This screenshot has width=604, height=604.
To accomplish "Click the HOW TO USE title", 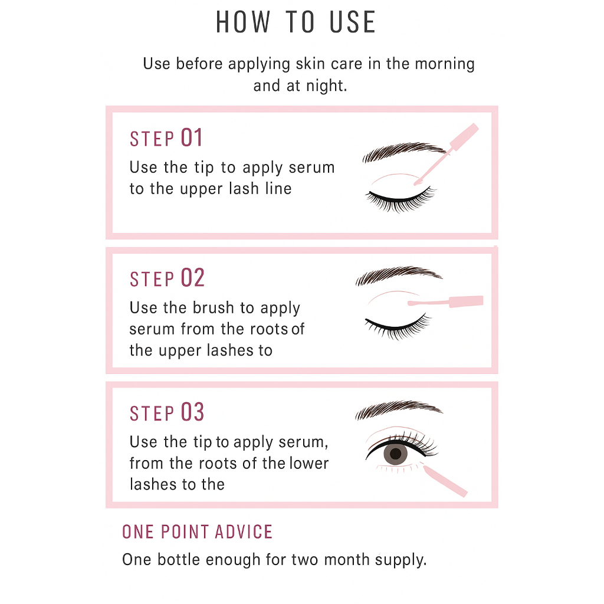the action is click(x=296, y=22).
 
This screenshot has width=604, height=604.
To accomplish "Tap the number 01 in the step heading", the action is click(x=192, y=138).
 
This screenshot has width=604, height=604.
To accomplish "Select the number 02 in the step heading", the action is click(x=193, y=278).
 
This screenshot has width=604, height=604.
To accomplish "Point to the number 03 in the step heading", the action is click(x=192, y=412).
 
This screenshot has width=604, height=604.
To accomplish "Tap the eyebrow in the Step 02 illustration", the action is click(x=398, y=275).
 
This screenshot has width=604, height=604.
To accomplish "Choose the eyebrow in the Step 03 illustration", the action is click(x=398, y=409).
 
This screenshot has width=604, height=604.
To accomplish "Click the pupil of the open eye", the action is click(x=396, y=454).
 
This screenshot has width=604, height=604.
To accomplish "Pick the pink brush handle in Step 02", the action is click(x=466, y=301).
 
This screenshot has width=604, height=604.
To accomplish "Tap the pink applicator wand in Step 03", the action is click(x=445, y=481).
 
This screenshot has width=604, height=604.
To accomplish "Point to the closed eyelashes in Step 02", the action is click(x=398, y=327).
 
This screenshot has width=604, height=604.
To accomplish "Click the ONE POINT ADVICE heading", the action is click(x=197, y=532).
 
